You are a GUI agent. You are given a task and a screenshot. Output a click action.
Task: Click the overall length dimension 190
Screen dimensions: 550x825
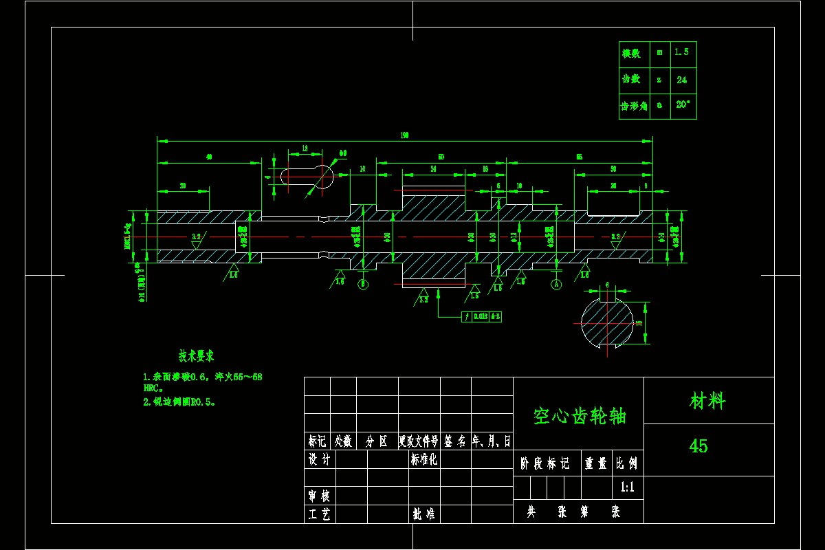pyautogui.click(x=404, y=136)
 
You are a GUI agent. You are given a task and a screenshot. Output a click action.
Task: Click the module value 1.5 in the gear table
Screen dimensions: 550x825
pyautogui.click(x=681, y=52)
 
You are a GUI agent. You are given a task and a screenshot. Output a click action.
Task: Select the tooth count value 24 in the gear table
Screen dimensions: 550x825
pyautogui.click(x=681, y=80)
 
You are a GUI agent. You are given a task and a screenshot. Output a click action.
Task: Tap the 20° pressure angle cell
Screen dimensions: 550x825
pyautogui.click(x=683, y=105)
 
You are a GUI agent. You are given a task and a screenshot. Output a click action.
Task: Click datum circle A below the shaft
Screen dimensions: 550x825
pyautogui.click(x=556, y=284)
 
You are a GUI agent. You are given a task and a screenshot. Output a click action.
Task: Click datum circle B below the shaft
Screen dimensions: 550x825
pyautogui.click(x=363, y=283)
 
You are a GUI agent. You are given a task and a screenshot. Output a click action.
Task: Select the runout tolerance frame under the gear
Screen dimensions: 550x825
pyautogui.click(x=481, y=317)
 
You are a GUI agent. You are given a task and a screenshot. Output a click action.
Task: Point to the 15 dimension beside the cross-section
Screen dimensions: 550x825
pyautogui.click(x=639, y=322)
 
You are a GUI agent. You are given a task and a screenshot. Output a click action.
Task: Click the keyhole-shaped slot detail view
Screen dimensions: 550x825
pyautogui.click(x=307, y=176)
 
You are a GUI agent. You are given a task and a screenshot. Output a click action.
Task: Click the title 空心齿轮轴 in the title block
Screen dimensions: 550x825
pyautogui.click(x=579, y=416)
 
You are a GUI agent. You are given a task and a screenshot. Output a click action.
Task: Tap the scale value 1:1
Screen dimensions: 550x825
pyautogui.click(x=627, y=487)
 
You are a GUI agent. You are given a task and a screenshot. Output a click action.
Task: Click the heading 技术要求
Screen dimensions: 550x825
pyautogui.click(x=196, y=356)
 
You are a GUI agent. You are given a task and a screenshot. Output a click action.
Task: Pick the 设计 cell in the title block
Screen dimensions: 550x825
pyautogui.click(x=319, y=459)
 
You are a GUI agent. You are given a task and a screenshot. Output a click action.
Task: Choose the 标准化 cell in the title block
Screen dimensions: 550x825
pyautogui.click(x=423, y=459)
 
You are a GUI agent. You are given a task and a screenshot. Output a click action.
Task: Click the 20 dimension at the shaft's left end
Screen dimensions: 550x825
pyautogui.click(x=183, y=186)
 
